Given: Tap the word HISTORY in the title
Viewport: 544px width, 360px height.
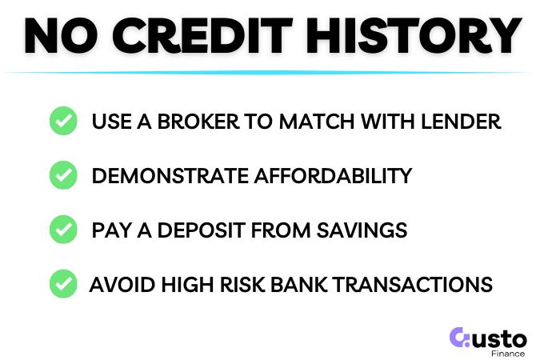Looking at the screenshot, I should click(x=414, y=36).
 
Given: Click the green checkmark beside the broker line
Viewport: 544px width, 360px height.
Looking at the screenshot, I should click(x=62, y=122).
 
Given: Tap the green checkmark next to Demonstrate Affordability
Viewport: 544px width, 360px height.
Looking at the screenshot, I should click(x=62, y=175).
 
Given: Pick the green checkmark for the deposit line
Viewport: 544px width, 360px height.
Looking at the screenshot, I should click(x=62, y=230).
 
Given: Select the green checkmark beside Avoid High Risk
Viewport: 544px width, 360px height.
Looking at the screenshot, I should click(x=62, y=283).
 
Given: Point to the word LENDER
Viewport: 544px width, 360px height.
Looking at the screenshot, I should click(x=466, y=122).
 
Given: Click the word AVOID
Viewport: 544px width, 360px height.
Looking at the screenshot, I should click(x=118, y=284).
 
